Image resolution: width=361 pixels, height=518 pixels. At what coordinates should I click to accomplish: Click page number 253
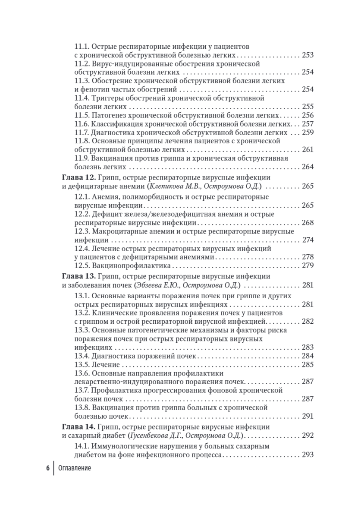(307, 55)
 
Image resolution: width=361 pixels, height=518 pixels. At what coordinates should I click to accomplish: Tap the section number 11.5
(82, 115)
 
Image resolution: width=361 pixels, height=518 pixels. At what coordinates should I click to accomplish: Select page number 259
(307, 133)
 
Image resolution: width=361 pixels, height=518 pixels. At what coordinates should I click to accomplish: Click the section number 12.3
(82, 231)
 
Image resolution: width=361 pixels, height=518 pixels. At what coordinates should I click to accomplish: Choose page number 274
(308, 240)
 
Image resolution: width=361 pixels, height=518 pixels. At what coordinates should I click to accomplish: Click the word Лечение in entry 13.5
(104, 365)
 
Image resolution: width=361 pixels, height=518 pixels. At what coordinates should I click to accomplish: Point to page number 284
(307, 356)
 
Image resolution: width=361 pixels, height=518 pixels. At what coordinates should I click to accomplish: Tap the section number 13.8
(82, 407)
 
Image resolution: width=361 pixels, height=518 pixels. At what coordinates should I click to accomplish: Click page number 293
(307, 455)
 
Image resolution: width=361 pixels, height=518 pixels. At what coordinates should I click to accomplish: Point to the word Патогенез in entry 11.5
(110, 115)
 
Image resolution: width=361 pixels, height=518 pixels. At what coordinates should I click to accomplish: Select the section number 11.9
(82, 158)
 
